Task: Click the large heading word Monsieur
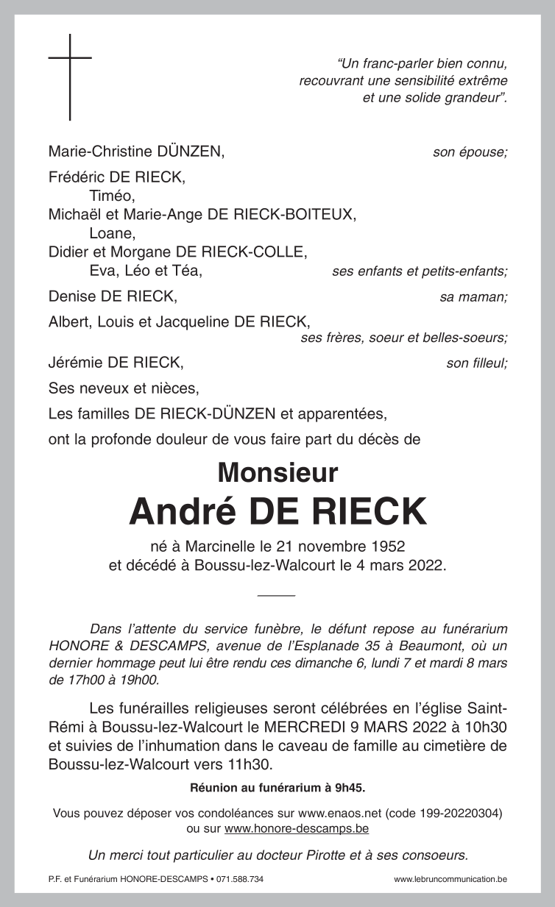tap(277, 472)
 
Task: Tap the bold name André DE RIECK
tap(277, 512)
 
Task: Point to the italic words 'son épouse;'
tap(470, 153)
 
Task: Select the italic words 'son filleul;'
tap(476, 363)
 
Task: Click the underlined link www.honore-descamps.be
tap(297, 828)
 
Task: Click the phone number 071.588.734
tap(240, 879)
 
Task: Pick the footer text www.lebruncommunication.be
tap(450, 879)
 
